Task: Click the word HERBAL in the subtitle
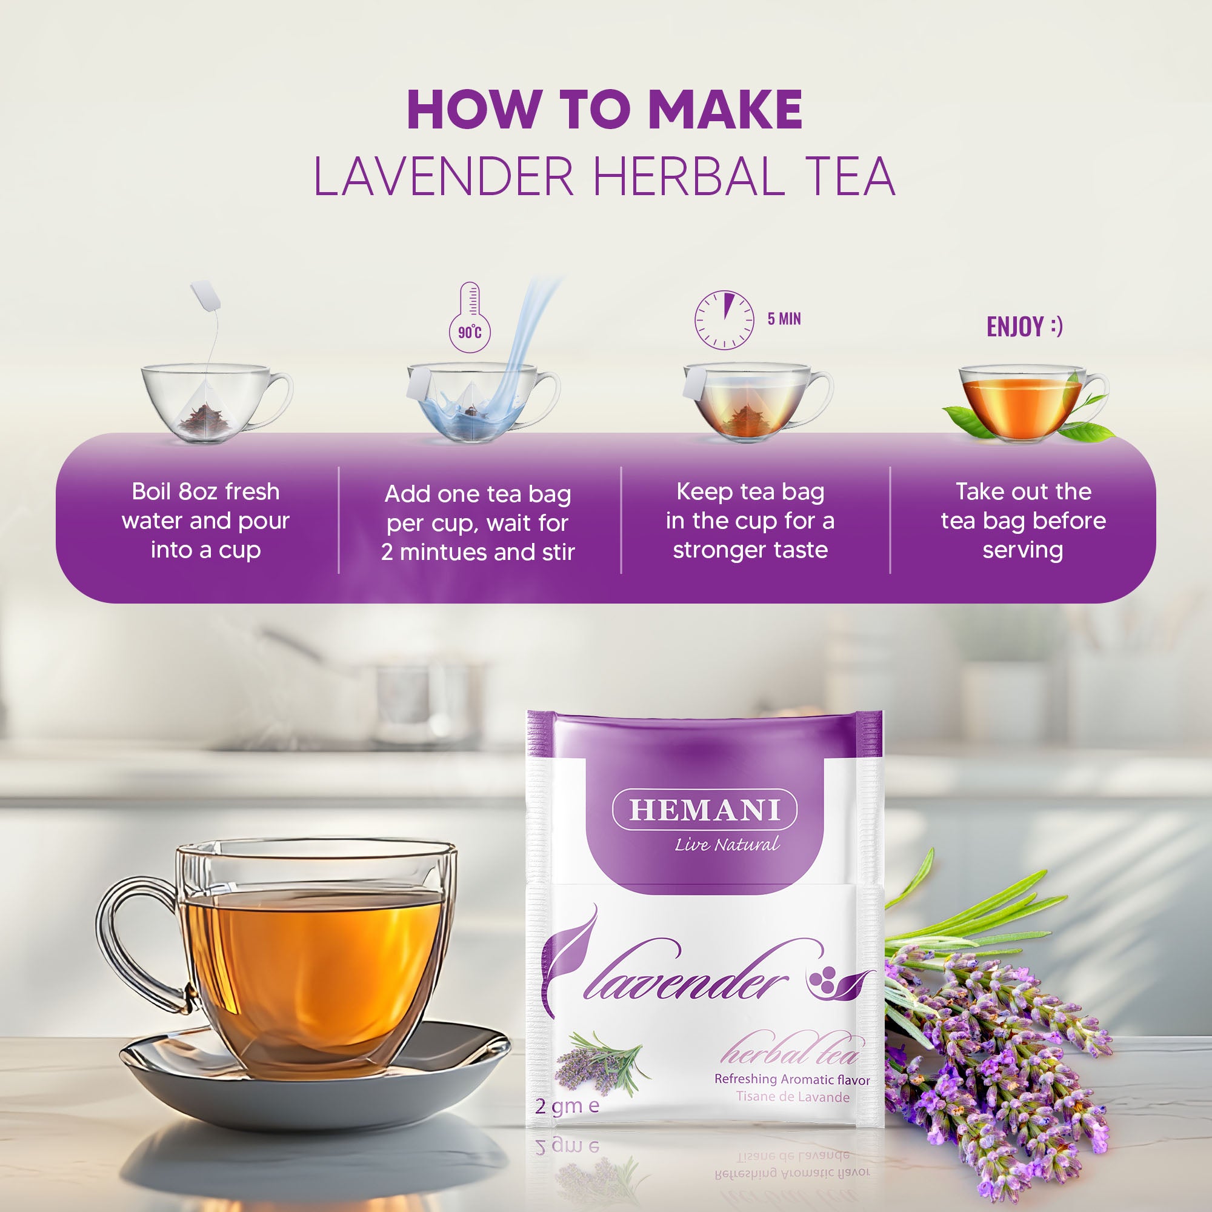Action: click(x=688, y=177)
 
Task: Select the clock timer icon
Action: click(x=724, y=319)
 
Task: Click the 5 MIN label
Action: click(x=784, y=319)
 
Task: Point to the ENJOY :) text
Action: click(x=1024, y=327)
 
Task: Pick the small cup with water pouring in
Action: click(x=477, y=402)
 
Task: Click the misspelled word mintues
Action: click(x=445, y=553)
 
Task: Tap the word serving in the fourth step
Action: click(x=1022, y=550)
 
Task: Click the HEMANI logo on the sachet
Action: click(x=705, y=809)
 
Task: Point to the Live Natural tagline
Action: click(x=727, y=844)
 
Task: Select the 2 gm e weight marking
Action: click(x=567, y=1105)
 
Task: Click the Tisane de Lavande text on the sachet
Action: click(x=792, y=1097)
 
